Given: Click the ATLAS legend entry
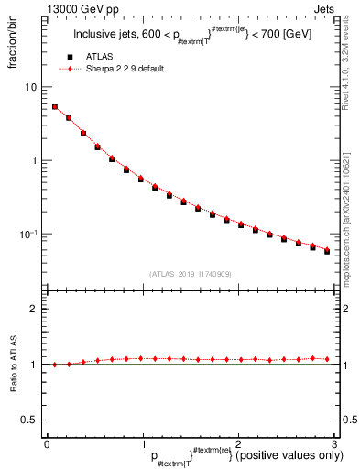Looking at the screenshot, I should tap(107, 57).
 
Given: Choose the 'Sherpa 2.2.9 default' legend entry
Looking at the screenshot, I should tap(125, 69).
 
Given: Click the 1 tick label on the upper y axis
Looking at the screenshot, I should tap(35, 160).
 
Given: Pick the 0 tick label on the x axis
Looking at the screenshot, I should tap(47, 442).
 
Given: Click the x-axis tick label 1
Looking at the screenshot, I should tap(142, 442).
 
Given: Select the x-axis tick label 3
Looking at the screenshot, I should tap(333, 442).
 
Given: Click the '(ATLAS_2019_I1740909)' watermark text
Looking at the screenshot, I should tap(191, 273).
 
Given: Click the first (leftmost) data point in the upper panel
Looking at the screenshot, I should tap(54, 106).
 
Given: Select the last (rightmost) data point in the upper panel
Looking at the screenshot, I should tap(327, 250).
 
